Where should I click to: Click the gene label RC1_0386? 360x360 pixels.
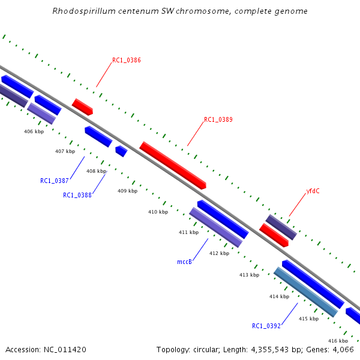tap(127, 61)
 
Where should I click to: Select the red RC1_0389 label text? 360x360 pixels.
tap(218, 119)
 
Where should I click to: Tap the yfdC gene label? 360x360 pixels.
tap(313, 191)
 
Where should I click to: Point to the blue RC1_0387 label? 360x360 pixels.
tap(55, 181)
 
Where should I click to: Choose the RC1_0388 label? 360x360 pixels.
tap(77, 195)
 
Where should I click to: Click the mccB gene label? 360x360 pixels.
tap(184, 262)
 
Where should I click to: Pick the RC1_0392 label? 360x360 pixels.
tap(266, 326)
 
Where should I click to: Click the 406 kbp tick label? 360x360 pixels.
tap(34, 131)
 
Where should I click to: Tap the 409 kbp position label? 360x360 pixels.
tap(127, 191)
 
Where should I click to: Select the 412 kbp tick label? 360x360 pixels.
tap(219, 253)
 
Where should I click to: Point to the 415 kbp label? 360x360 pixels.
tap(309, 319)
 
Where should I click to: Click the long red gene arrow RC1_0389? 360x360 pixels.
tap(173, 165)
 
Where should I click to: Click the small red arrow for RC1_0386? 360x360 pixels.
tap(82, 107)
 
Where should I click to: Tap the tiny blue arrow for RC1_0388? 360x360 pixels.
tap(121, 151)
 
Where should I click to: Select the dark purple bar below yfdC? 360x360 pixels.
tap(281, 227)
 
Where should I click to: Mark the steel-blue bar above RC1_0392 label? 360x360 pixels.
tap(305, 292)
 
